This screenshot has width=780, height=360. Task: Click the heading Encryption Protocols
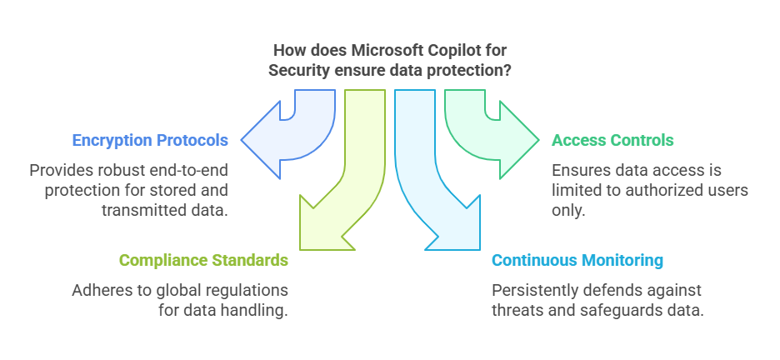(x=150, y=140)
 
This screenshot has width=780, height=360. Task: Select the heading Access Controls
(x=612, y=140)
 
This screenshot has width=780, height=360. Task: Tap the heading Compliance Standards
(x=203, y=260)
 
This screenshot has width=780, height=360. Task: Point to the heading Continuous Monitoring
(x=577, y=260)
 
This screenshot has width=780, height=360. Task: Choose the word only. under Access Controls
(x=568, y=210)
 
